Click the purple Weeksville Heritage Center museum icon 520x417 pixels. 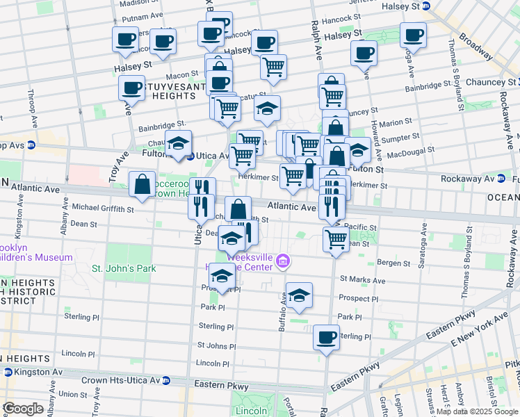[x=283, y=262]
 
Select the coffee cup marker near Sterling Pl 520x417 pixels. [x=326, y=338]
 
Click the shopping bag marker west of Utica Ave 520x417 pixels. [x=143, y=186]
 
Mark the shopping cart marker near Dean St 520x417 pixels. [x=336, y=239]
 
